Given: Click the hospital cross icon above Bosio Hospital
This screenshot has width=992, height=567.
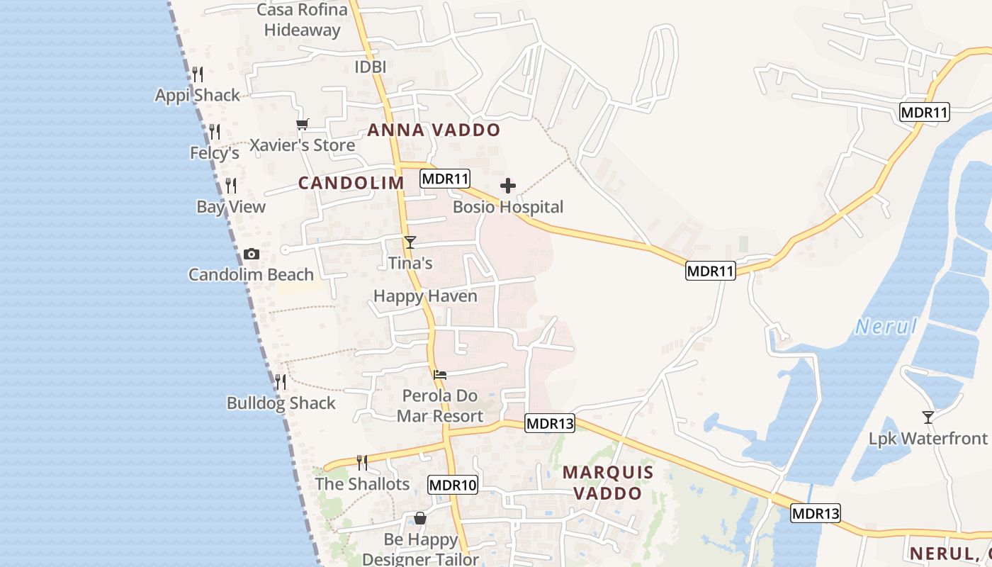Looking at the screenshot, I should (508, 186).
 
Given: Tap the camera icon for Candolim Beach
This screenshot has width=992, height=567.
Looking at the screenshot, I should (251, 254).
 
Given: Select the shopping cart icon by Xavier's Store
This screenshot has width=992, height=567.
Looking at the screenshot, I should (303, 125).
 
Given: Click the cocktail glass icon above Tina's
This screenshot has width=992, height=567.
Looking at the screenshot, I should (410, 242).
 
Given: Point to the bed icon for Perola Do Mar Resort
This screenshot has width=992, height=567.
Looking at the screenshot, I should (440, 375).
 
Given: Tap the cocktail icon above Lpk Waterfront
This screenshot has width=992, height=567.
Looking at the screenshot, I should (928, 417).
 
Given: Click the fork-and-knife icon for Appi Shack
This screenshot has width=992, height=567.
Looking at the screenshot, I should (198, 74).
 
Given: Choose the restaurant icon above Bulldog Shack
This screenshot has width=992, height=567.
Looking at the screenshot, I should (281, 382).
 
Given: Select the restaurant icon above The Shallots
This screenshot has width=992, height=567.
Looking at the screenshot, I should (362, 463).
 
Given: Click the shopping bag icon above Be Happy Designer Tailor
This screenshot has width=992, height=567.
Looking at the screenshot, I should (420, 518).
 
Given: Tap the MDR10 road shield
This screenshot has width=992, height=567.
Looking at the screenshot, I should (453, 485).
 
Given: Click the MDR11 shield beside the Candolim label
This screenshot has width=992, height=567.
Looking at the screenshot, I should (445, 179).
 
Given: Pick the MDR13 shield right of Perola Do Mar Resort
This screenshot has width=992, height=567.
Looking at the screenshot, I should (550, 424).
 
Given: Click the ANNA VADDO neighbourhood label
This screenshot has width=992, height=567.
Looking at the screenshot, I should (434, 130).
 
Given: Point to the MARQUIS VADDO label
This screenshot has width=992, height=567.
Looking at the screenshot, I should (608, 483).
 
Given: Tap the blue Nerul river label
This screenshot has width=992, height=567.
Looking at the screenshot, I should (886, 327).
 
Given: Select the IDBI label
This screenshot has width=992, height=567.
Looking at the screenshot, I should (370, 67).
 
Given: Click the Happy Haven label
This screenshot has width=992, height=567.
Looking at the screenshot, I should (425, 296).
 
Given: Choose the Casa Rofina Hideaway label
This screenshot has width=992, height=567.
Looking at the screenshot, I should (302, 20).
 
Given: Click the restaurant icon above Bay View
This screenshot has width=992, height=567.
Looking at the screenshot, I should (231, 186).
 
